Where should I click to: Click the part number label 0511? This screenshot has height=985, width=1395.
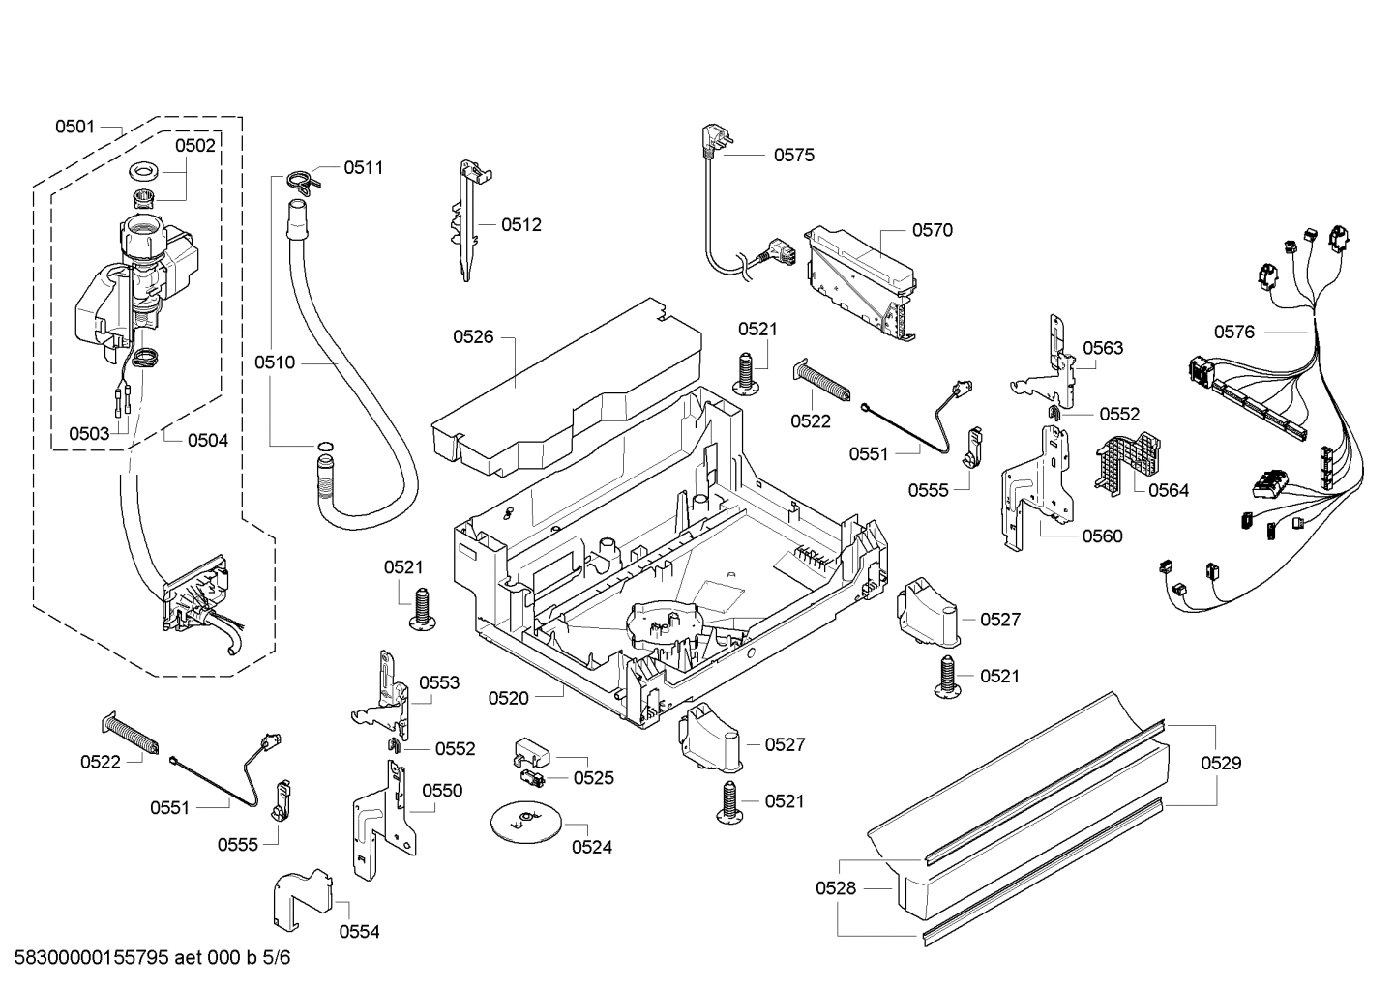[x=363, y=167]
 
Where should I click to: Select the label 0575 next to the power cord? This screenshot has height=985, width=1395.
[x=793, y=155]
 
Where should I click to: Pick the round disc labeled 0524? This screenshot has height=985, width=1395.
[x=524, y=821]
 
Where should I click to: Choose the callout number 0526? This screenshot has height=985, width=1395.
[x=473, y=336]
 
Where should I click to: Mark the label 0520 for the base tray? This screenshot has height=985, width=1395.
[x=508, y=697]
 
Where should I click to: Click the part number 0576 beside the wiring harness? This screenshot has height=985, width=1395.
[x=1233, y=332]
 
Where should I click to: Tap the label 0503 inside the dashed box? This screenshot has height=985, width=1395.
[x=89, y=434]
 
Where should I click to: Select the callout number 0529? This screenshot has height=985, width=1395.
[x=1221, y=763]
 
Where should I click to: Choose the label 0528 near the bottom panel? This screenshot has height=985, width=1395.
[x=836, y=887]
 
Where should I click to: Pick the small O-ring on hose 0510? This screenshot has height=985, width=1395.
[x=326, y=447]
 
